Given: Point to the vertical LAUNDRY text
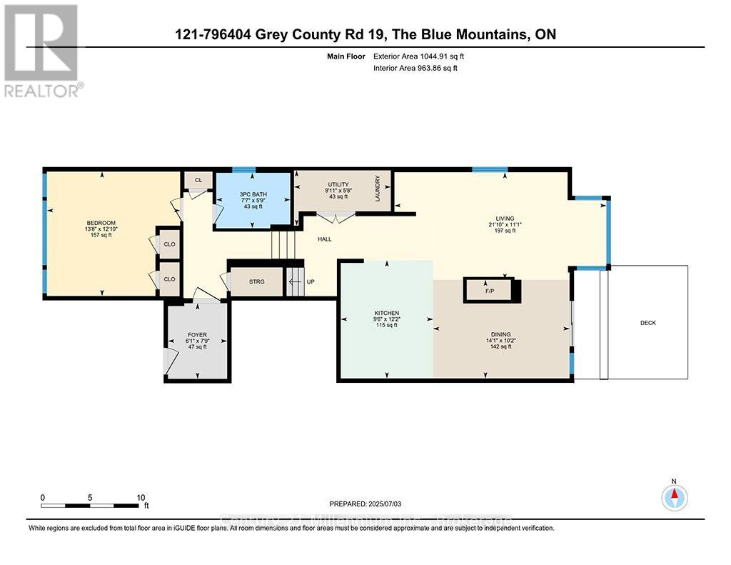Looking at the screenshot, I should point(378,190).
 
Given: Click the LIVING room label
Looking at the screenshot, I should point(505,219).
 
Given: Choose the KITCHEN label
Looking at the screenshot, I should point(386,313).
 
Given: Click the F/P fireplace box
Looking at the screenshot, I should point(490,291).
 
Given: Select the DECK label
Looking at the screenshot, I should point(647,323).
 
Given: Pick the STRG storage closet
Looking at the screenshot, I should point(256,281).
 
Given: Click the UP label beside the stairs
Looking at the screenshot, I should point(310,281).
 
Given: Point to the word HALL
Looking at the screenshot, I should point(325,239).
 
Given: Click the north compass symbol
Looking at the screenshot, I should point(674,496).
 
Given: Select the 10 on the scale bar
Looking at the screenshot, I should point(141,498).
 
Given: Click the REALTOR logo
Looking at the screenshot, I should point(42,50).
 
